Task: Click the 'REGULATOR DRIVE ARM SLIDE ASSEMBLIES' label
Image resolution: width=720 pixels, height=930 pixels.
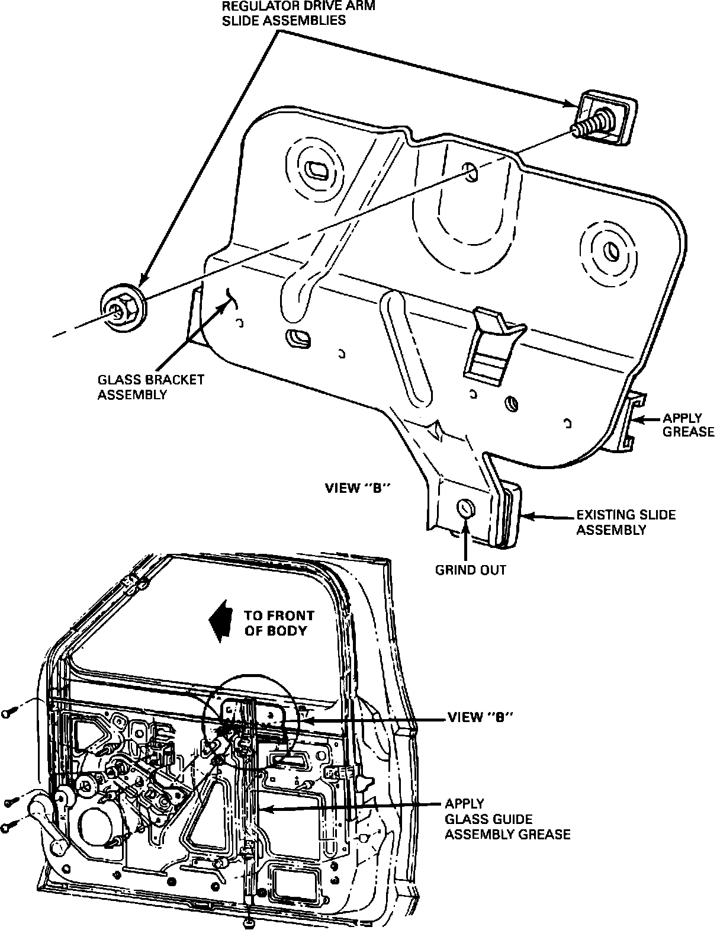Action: click(x=298, y=13)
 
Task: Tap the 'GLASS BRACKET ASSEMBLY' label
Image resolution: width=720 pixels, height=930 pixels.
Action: click(x=150, y=386)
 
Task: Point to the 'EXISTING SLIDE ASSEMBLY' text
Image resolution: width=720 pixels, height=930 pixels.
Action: click(x=626, y=522)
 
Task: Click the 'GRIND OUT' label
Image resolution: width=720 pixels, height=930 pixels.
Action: click(x=471, y=570)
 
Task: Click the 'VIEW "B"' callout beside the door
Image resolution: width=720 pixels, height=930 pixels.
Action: click(x=480, y=717)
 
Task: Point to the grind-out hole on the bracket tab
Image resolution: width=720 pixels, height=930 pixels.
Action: click(x=465, y=508)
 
